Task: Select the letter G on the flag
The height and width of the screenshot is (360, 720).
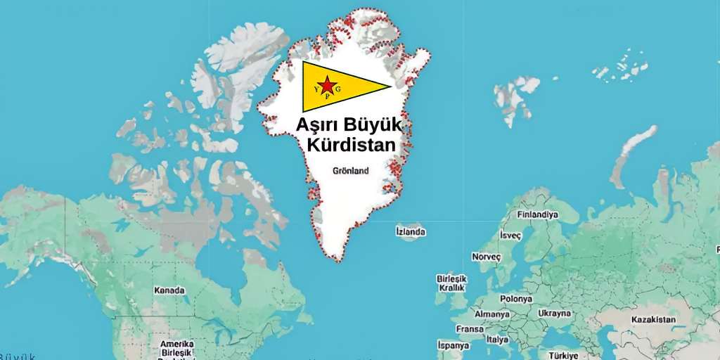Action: [338, 89]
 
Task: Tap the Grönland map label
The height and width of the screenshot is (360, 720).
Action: [350, 170]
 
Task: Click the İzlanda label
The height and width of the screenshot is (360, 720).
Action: [411, 231]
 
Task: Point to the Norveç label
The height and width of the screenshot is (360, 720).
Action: [486, 257]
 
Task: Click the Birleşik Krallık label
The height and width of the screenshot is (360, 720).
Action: [451, 283]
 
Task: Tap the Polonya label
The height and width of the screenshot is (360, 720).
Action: [516, 299]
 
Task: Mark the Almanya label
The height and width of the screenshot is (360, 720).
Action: [492, 314]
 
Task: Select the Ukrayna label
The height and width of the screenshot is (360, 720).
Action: [554, 314]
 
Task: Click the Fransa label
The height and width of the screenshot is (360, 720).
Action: [470, 329]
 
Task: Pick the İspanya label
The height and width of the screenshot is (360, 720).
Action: [453, 345]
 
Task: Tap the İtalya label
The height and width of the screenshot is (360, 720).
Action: [498, 340]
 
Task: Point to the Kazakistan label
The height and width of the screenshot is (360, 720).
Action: [653, 320]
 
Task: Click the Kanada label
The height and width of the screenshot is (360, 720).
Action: [169, 290]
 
